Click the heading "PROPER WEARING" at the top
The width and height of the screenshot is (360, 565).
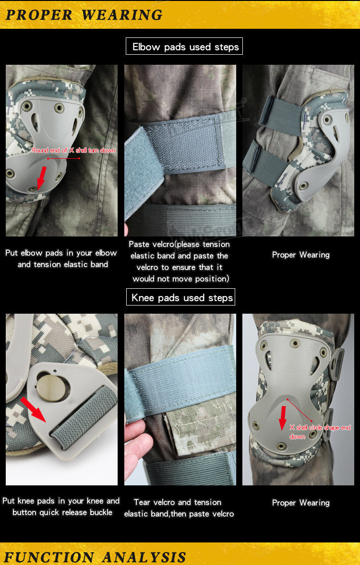point(84,15)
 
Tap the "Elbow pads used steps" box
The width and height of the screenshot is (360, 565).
point(184,46)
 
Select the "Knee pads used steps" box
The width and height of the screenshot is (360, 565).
point(181,297)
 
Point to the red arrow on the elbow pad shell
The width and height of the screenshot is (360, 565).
point(41,177)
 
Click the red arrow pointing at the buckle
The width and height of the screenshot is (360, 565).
point(33,410)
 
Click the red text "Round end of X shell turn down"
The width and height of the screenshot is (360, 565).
point(73,150)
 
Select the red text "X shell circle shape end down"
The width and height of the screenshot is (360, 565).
point(320,432)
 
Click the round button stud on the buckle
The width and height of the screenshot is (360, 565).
point(53,388)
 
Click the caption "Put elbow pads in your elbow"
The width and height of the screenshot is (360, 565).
point(61,253)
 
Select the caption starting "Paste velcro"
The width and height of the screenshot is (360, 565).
point(180,261)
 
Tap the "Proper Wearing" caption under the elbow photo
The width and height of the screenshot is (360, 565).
point(301,255)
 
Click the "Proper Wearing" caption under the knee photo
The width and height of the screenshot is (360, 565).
point(301,503)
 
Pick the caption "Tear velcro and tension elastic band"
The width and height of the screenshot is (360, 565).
point(179,508)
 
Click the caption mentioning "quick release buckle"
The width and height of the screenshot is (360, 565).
point(61,506)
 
